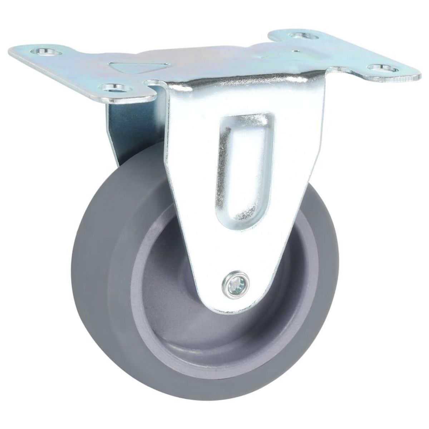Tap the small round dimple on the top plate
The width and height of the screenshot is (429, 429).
pyautogui.click(x=295, y=51)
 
